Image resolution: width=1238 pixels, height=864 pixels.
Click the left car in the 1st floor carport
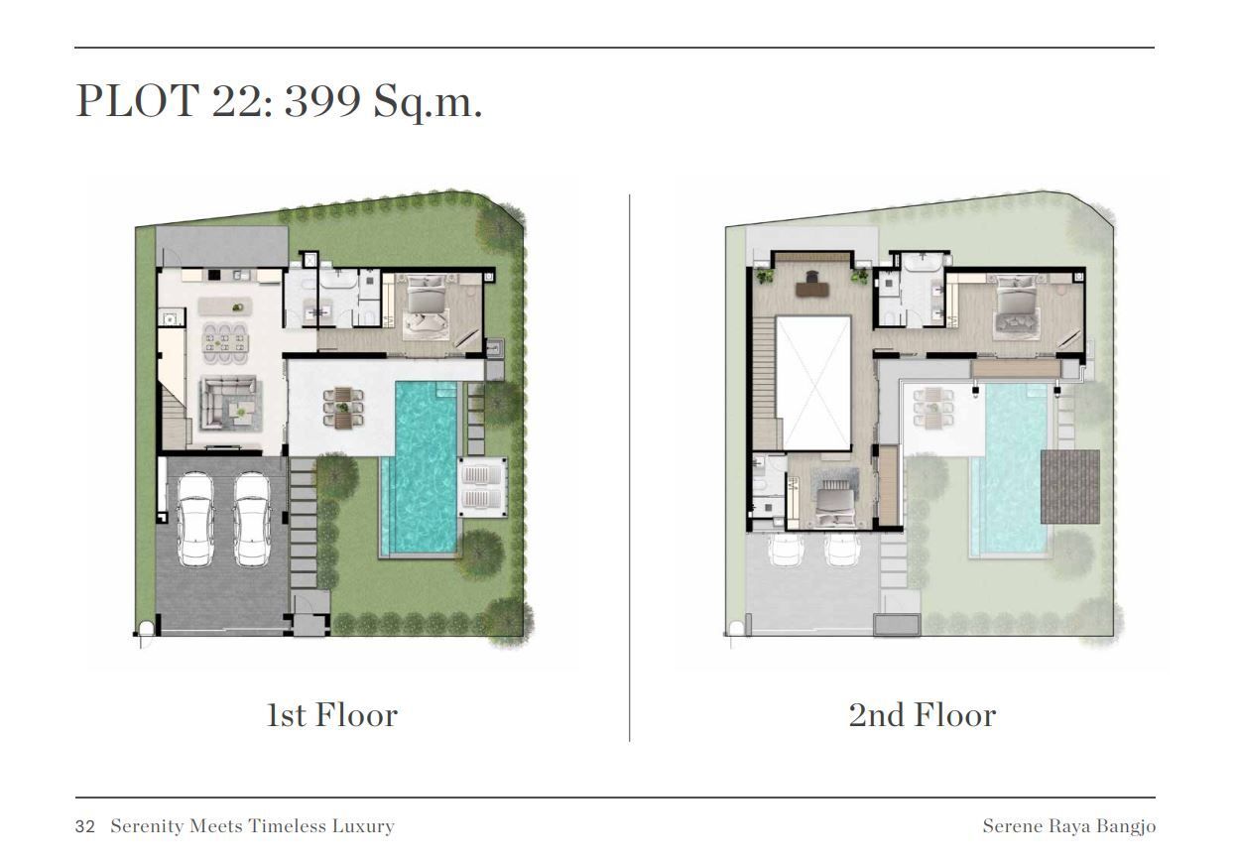point(195,519)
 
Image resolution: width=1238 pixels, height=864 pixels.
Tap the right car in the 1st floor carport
point(252,519)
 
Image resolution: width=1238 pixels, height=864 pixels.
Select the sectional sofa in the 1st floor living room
point(228,402)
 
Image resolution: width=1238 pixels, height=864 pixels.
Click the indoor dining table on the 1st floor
point(225,345)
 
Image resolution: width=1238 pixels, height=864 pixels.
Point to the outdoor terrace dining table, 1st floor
point(343,408)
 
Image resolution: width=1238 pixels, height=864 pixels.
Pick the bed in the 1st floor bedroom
point(426,307)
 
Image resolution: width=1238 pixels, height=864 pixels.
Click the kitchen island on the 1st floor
point(225,307)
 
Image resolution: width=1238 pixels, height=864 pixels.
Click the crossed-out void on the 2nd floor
point(813,383)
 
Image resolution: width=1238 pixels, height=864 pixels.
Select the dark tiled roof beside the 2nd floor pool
point(1070,486)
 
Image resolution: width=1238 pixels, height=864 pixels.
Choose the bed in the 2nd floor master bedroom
point(1017,308)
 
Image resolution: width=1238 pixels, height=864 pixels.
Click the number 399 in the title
point(322,100)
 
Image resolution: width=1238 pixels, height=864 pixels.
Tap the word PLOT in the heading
point(137,100)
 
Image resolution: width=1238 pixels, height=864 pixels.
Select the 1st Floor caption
point(331,715)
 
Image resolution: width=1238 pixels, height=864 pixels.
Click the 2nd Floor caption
point(923,715)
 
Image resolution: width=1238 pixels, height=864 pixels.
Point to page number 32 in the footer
point(85,827)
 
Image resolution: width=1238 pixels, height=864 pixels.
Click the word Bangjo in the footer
point(1126,827)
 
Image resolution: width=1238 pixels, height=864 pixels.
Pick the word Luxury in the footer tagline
point(363,827)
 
